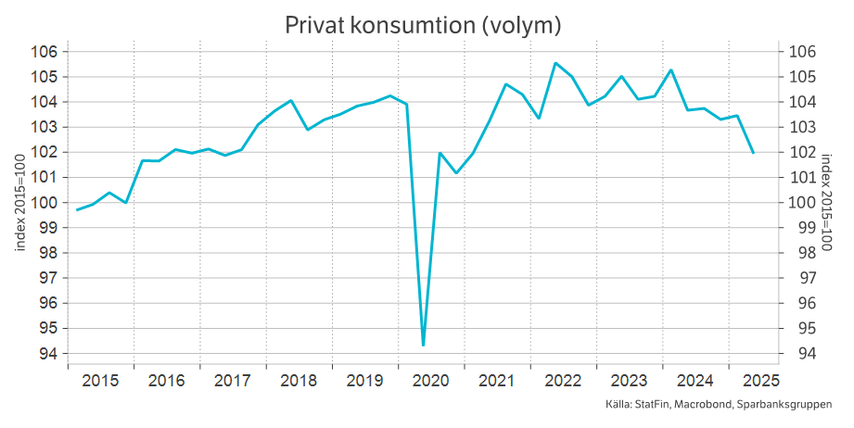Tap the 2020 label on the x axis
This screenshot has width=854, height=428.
430,381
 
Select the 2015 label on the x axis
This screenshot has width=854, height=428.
100,381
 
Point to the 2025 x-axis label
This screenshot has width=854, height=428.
760,381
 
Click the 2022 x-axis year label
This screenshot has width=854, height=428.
563,381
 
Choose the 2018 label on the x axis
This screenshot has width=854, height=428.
299,381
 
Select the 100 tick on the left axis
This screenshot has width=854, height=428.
45,203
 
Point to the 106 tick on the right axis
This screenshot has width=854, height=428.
800,52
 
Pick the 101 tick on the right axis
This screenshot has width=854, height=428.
800,178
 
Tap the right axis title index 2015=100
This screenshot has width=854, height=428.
827,202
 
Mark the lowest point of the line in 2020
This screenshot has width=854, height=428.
423,346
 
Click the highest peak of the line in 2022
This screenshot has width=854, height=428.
554,63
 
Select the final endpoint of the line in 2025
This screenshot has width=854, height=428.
753,153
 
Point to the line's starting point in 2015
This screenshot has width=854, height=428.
77,210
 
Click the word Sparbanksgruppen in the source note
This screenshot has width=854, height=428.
789,405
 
